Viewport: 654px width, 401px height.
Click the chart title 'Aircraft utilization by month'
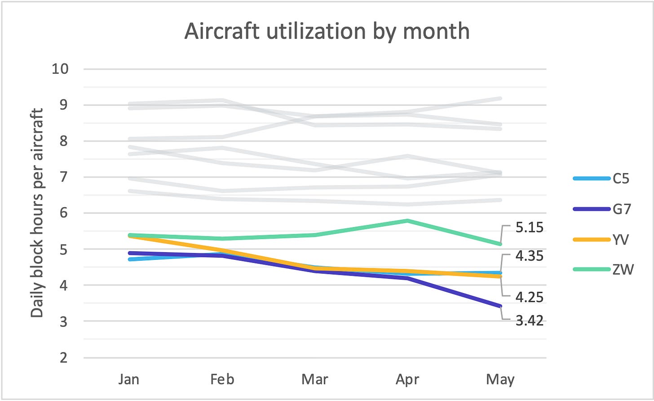[327, 32]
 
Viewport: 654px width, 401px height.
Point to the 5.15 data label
[529, 227]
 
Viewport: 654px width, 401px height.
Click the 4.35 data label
[529, 256]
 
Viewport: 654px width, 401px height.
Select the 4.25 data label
[529, 297]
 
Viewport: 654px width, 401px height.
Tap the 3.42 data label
[529, 321]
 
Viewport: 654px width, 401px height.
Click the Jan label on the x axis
[129, 379]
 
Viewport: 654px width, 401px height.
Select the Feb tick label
[222, 379]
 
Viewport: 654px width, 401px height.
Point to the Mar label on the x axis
[314, 379]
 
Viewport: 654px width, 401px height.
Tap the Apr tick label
[407, 379]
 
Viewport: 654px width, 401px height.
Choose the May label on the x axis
[500, 379]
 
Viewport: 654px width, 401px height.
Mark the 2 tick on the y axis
[63, 358]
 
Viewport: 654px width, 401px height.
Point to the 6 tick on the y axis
[63, 213]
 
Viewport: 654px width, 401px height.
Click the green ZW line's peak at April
[407, 221]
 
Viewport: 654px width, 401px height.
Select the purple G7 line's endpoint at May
[500, 307]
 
